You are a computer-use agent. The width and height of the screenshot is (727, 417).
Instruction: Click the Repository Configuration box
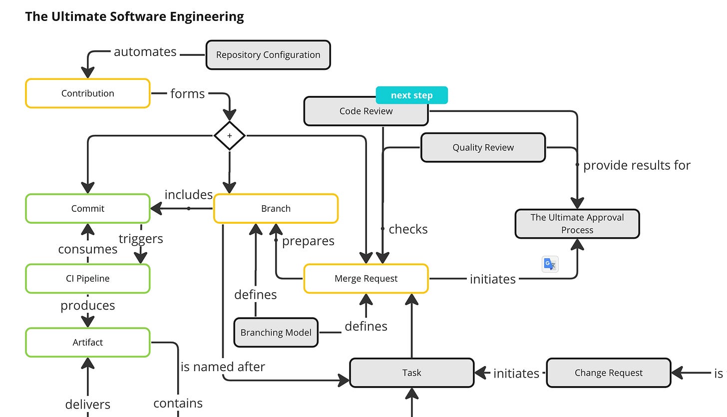pos(268,55)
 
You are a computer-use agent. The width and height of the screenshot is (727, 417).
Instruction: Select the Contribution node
pos(87,93)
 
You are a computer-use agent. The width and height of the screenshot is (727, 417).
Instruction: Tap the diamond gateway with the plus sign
pos(229,136)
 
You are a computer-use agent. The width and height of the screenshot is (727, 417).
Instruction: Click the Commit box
pos(87,208)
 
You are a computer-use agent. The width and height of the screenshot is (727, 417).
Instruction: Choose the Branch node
pos(276,208)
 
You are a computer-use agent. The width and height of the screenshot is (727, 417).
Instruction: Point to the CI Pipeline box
pos(87,278)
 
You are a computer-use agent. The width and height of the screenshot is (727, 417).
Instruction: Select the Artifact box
pos(87,342)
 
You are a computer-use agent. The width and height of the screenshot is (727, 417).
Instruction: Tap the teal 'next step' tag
pos(411,95)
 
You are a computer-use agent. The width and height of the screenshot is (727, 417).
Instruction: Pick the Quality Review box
pos(483,147)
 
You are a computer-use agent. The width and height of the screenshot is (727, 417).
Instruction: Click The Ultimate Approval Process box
pos(577,224)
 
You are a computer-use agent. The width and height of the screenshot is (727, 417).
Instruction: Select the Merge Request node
pos(366,278)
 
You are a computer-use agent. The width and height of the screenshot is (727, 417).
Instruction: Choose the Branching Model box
pos(276,333)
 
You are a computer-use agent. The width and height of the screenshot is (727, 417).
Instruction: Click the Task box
pos(411,373)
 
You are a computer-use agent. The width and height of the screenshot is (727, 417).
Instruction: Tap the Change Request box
pos(608,373)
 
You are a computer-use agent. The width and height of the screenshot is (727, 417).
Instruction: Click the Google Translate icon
pos(550,264)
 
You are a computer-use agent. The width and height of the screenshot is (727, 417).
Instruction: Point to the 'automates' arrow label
pos(145,52)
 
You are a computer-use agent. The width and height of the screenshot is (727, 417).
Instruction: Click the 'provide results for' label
pos(637,165)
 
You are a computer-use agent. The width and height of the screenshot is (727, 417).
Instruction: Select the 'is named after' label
pos(223,367)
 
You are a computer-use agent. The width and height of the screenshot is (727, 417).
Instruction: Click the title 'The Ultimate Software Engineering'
pos(134,16)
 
